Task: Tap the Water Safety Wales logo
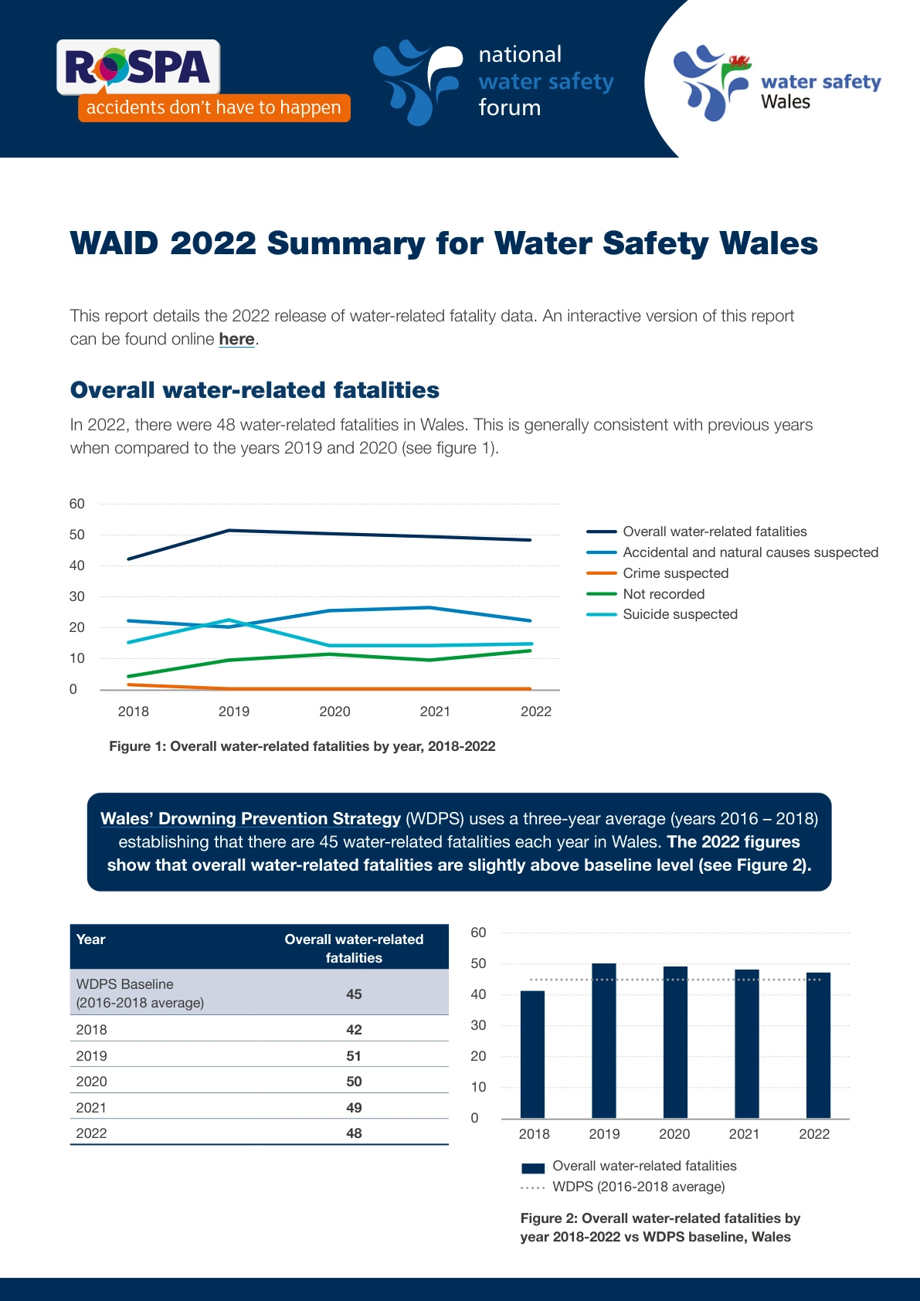click(776, 83)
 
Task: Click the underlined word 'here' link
click(236, 339)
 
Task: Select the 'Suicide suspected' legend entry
click(680, 614)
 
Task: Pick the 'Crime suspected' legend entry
click(675, 573)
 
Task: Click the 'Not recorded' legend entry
click(664, 594)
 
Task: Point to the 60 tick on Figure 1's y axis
click(76, 504)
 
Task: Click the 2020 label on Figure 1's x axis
click(334, 712)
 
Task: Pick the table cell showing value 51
click(354, 1056)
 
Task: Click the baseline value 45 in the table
click(354, 994)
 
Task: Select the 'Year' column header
click(91, 939)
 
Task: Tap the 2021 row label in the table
click(91, 1108)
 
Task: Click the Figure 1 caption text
click(302, 746)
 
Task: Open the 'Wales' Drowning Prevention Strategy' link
click(250, 819)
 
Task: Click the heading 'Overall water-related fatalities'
click(254, 390)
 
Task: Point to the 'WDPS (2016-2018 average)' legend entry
click(638, 1187)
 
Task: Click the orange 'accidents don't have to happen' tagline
click(214, 107)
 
